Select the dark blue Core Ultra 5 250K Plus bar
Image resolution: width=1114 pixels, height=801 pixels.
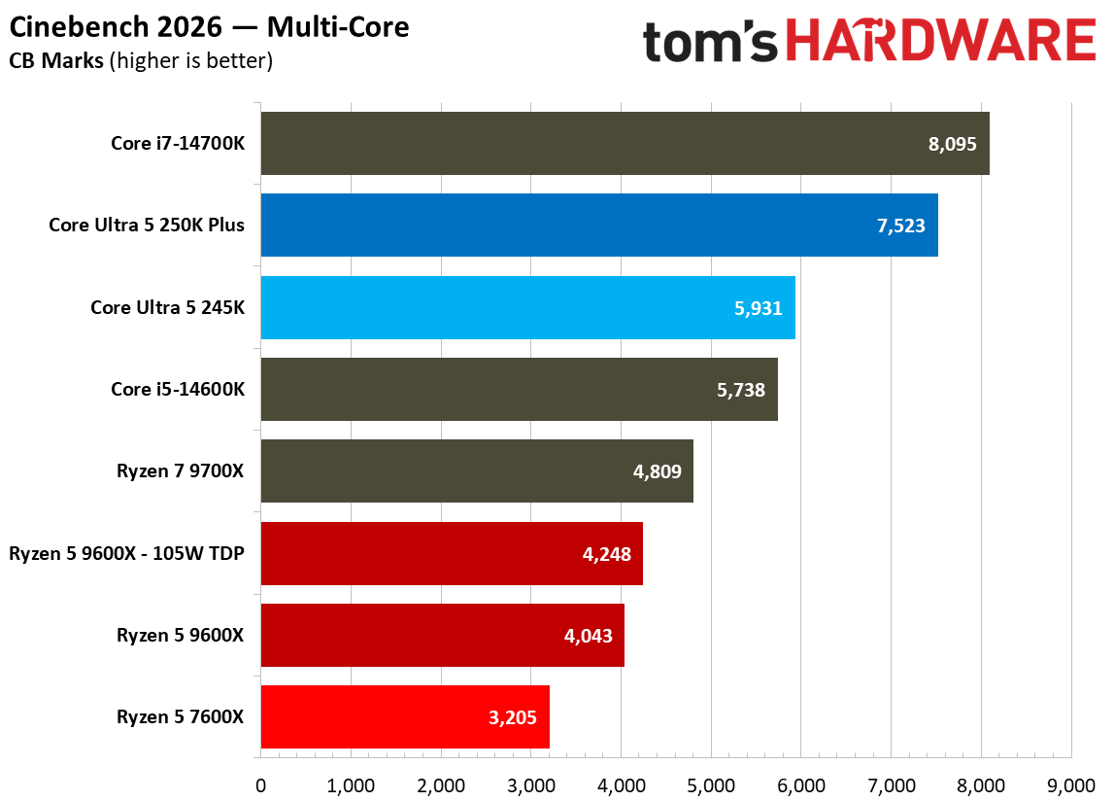click(598, 226)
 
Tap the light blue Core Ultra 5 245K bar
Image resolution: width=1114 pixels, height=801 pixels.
click(527, 307)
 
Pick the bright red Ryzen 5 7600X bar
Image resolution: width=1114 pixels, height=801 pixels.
click(404, 717)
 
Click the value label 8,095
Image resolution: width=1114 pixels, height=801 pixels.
click(952, 144)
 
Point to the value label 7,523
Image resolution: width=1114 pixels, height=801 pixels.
click(900, 226)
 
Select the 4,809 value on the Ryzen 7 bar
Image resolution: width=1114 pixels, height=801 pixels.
click(658, 472)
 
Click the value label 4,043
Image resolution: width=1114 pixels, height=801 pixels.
click(589, 636)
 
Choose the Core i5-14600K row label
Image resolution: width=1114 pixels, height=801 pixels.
click(178, 390)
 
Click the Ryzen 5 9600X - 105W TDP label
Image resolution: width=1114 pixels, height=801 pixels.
click(126, 554)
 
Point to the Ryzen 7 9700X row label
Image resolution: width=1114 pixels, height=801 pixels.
click(180, 471)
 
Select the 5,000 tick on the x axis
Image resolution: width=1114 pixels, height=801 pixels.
click(711, 784)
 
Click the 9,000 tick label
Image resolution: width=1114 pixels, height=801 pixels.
click(1071, 784)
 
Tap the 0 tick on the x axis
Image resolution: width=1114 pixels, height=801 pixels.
click(260, 784)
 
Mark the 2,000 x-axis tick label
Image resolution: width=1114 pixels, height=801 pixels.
click(440, 784)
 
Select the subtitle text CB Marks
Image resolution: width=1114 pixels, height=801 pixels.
click(56, 61)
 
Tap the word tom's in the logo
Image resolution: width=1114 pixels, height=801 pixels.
click(711, 42)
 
